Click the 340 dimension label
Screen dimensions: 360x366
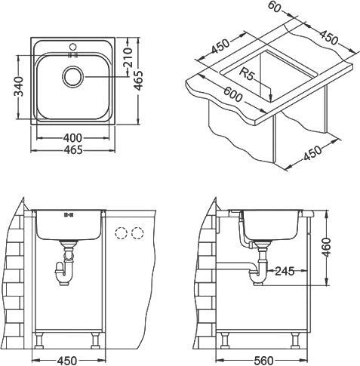[x=19, y=87]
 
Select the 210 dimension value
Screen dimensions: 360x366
[x=128, y=57]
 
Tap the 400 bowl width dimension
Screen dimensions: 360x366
[x=72, y=138]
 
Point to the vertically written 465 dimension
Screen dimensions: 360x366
[x=138, y=81]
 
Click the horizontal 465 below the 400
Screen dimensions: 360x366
[x=73, y=150]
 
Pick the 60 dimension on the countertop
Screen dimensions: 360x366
[x=274, y=7]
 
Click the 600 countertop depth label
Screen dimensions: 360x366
[x=233, y=94]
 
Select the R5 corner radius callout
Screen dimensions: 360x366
[x=248, y=74]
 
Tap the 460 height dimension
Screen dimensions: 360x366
[x=326, y=248]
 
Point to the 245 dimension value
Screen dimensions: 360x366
[x=285, y=271]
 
